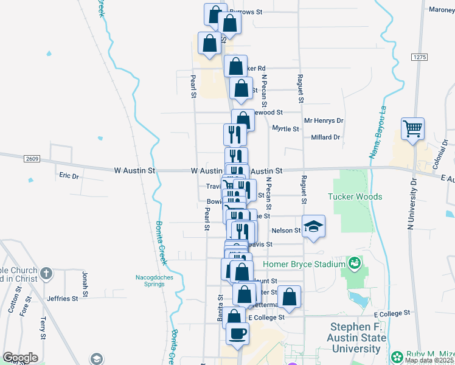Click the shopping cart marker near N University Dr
coord(412,128)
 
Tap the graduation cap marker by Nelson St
coord(313,226)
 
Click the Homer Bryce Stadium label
coord(304,264)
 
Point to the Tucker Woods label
coord(355,196)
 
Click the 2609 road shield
coord(33,159)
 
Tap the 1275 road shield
coord(419,57)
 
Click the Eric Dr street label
coord(69,176)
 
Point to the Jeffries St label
coord(62,299)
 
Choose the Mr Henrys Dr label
coord(324,121)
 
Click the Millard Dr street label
coord(325,137)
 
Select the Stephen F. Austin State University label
coord(358,338)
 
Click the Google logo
coord(20,358)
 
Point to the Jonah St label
coord(85,280)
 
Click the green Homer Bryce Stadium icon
coord(353,263)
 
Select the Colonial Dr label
coord(436,162)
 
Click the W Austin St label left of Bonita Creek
coord(134,171)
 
